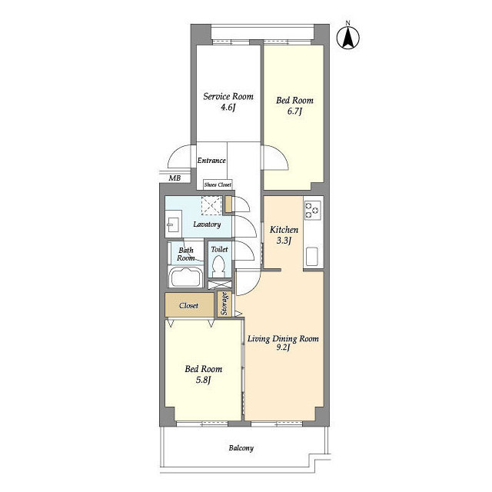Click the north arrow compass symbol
coord(348,37)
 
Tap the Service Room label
coord(228,96)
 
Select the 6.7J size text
coord(294,111)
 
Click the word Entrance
coord(211,161)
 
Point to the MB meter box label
coord(175,178)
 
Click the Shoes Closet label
coord(218,184)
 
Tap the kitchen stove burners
coord(313,210)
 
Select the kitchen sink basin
coord(311,256)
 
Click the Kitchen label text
coord(284,230)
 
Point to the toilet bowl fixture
coord(219,266)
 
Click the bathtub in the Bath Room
coord(186,277)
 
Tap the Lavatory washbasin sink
coord(173,224)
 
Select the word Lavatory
coord(207,224)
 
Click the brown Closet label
coord(188,305)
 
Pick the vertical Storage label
coord(224,304)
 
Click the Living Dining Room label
coord(283,339)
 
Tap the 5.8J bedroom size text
coord(203,380)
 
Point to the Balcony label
coord(241,448)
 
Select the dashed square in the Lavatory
coord(211,205)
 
